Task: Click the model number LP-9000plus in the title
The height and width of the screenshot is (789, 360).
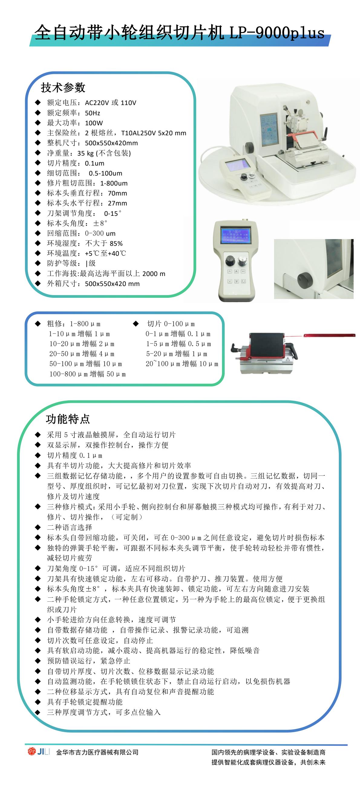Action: (x=277, y=32)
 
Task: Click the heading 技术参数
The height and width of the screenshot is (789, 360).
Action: (x=63, y=87)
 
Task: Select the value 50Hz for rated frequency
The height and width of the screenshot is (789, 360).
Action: (x=93, y=113)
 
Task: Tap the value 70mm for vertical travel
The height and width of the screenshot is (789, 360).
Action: (x=117, y=193)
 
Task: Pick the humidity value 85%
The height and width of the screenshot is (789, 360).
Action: (x=116, y=244)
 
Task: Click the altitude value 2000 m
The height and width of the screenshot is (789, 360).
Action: (x=154, y=274)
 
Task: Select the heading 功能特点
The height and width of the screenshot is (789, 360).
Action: (x=68, y=419)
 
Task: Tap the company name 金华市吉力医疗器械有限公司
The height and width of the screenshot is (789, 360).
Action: (x=97, y=752)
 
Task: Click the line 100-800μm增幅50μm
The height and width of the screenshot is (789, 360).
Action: (x=87, y=374)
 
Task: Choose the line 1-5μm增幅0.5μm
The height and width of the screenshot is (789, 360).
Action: (x=178, y=344)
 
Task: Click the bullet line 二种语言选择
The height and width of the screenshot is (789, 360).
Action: (x=70, y=528)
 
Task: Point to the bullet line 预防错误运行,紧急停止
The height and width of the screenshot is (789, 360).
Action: (x=89, y=661)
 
